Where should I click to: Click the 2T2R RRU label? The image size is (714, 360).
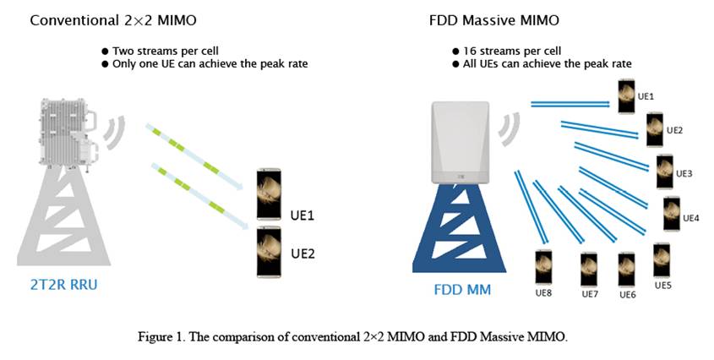(63, 284)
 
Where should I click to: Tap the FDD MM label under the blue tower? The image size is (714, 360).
(462, 289)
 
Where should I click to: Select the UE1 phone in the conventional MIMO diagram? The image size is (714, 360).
(269, 194)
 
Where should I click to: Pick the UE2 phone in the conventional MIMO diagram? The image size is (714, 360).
(269, 252)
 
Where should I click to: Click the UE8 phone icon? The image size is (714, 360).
(543, 267)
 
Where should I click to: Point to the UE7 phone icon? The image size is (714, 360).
(589, 270)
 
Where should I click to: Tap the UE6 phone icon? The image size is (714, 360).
(627, 270)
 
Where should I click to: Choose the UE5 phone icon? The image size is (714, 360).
(662, 260)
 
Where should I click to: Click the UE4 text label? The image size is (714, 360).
(691, 218)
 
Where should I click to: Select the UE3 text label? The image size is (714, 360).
(684, 173)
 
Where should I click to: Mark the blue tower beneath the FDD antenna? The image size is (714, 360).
(459, 228)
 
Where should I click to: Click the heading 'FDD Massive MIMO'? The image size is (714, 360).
(494, 20)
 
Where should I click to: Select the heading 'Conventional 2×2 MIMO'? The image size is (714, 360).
(113, 20)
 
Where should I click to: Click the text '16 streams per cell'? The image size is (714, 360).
(512, 51)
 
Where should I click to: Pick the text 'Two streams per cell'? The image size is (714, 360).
(166, 51)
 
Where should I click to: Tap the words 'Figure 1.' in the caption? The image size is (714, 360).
(161, 337)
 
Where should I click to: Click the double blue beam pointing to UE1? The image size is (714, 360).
(570, 105)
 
